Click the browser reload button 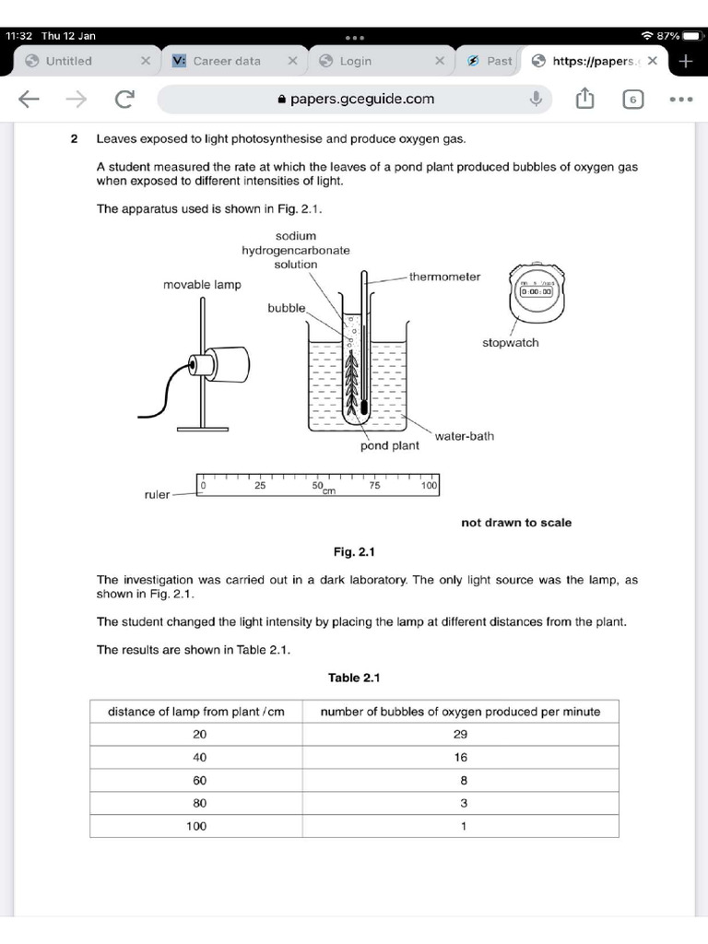(123, 99)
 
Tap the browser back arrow (29, 99)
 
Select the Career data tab (227, 61)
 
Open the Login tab (356, 61)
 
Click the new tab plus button (685, 61)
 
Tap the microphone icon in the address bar (536, 99)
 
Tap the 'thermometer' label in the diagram (444, 277)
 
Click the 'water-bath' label (464, 436)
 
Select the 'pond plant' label (389, 446)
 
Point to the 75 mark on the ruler (374, 485)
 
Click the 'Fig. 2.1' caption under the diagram (354, 553)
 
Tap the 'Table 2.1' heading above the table (354, 678)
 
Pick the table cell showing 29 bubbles (461, 735)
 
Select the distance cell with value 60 (199, 780)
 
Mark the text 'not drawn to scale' (516, 523)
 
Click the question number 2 (74, 139)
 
